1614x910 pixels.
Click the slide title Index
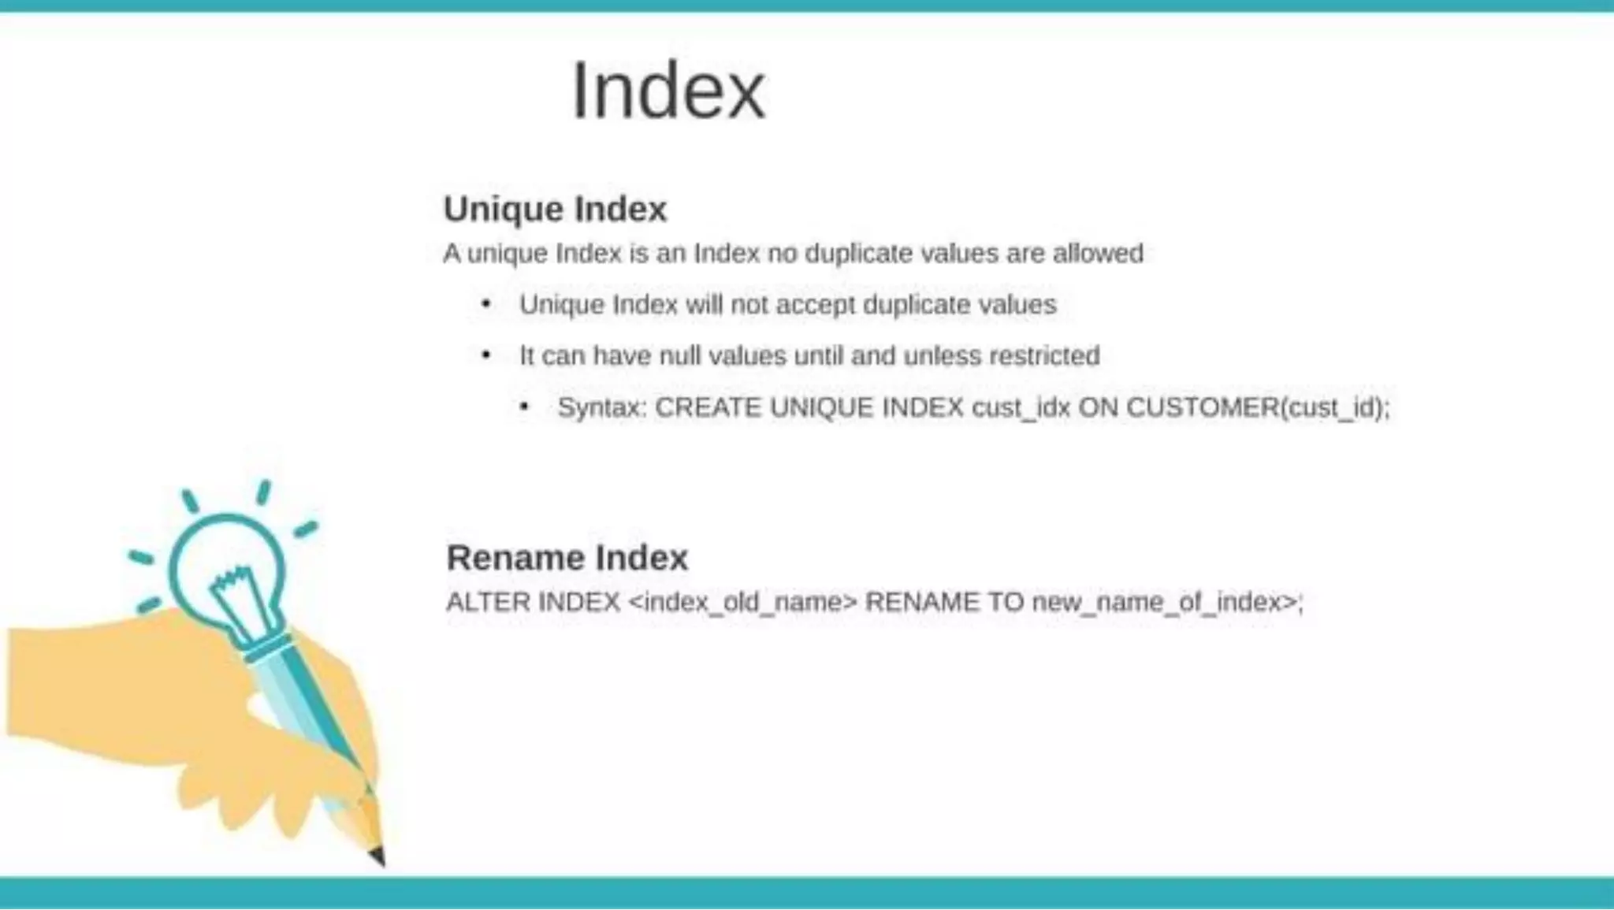(668, 91)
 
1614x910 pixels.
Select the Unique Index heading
(555, 210)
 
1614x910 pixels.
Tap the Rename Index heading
(567, 558)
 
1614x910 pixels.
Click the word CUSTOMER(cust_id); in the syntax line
(1258, 408)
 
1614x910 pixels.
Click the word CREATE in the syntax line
(708, 408)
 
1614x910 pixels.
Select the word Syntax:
(602, 408)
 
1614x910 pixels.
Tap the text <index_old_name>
(742, 603)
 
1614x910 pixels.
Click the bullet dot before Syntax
(524, 407)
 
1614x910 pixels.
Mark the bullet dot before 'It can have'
(486, 355)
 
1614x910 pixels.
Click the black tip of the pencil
(377, 856)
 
